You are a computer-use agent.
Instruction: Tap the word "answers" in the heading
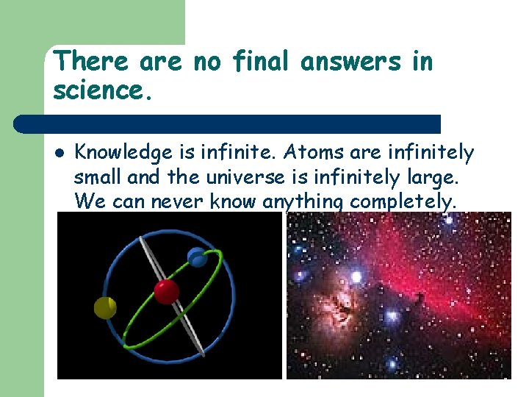[x=351, y=62]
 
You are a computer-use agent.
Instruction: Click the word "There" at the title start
[x=82, y=62]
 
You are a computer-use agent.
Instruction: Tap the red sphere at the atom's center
[x=166, y=291]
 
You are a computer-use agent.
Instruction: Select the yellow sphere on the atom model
[x=105, y=307]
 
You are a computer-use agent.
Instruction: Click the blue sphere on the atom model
[x=197, y=257]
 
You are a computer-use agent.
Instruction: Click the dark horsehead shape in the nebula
[x=419, y=299]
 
